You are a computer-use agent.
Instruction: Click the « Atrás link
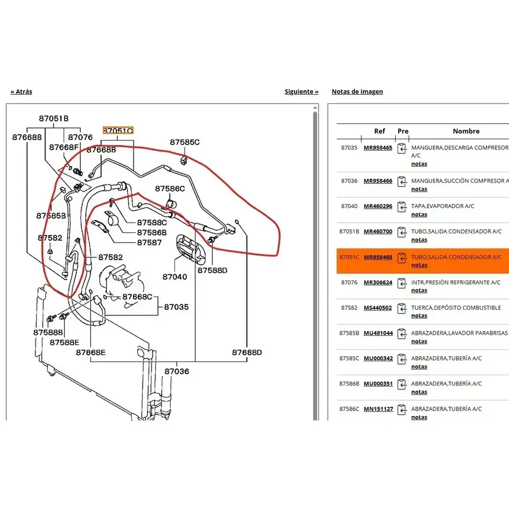22,92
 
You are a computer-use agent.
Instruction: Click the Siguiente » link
302,92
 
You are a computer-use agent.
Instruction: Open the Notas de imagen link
357,92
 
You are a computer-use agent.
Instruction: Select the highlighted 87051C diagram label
118,130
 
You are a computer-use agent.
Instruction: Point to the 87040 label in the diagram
174,277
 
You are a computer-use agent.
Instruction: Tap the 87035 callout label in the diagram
176,307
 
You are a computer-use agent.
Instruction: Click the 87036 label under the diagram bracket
177,371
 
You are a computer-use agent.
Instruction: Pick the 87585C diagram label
185,142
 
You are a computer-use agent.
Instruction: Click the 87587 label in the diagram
150,242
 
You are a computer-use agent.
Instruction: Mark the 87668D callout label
247,352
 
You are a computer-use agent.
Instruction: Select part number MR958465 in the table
378,148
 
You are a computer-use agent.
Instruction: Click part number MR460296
378,206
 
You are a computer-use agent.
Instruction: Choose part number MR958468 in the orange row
378,257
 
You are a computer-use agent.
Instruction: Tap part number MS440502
377,308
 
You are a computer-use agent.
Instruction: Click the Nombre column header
466,131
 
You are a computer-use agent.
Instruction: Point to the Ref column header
379,131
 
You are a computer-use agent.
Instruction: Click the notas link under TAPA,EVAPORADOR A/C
419,214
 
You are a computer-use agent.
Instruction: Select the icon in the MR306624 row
402,283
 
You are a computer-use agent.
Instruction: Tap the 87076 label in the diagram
80,137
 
